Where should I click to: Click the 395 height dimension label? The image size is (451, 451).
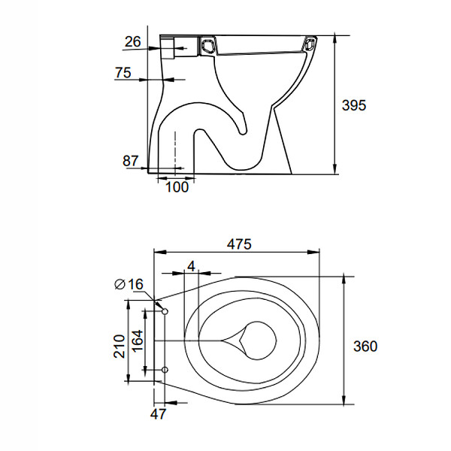tap(354, 105)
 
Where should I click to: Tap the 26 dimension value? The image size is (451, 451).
tap(133, 41)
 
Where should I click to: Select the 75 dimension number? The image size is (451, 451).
tap(123, 72)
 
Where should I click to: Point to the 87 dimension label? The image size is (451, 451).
tap(131, 161)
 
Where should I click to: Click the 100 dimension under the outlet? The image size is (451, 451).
tap(177, 187)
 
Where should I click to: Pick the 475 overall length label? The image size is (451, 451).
tap(239, 244)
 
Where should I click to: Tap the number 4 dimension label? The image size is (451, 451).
tap(191, 266)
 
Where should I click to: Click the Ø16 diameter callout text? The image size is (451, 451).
tap(129, 284)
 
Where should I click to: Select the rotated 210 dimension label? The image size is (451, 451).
tap(120, 347)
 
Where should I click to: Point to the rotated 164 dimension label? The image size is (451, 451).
tap(137, 341)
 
